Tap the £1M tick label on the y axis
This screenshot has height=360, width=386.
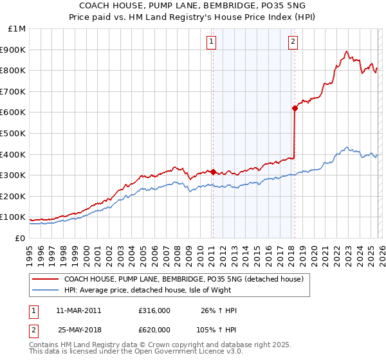tap(17, 28)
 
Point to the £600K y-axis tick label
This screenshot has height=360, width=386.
tap(14, 112)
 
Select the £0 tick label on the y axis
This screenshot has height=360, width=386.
tap(20, 238)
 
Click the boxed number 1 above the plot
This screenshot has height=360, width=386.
tap(212, 42)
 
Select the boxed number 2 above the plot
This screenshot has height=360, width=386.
tap(293, 42)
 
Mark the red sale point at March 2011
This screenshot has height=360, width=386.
tap(213, 172)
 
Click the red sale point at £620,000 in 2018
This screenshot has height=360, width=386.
tap(295, 108)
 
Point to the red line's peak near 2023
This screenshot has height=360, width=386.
tap(347, 51)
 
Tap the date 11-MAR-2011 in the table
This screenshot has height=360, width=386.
tap(79, 310)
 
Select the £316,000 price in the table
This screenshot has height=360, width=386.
tap(154, 310)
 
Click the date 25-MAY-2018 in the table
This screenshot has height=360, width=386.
tap(79, 328)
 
